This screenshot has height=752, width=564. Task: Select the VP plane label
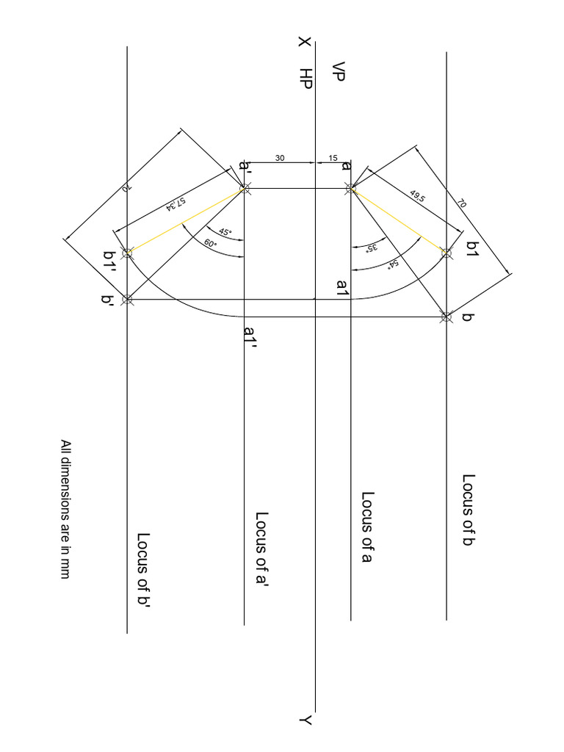(x=338, y=72)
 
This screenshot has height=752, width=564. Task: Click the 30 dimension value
(x=280, y=158)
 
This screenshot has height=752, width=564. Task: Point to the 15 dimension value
(x=333, y=158)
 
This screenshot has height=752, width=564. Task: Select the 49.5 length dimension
(x=418, y=198)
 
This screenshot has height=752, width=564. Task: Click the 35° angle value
(x=372, y=247)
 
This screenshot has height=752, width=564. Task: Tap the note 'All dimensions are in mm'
(x=65, y=509)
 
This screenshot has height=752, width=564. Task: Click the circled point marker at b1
(x=446, y=253)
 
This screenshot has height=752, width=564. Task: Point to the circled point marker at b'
(x=128, y=299)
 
